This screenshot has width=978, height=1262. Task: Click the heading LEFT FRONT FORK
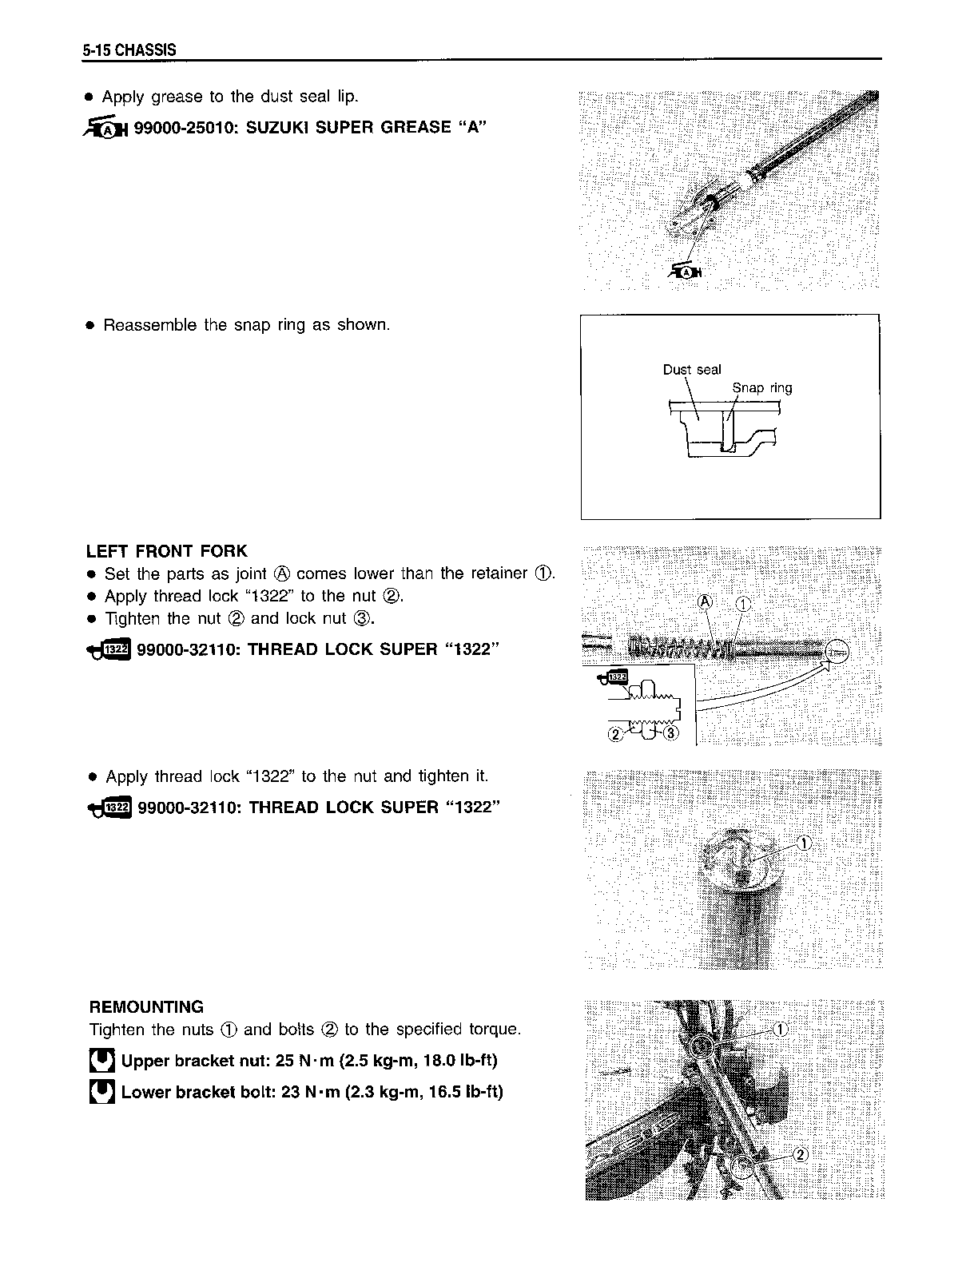[166, 551]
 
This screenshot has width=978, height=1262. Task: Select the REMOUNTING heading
[146, 1006]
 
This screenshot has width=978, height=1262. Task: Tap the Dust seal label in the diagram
[691, 370]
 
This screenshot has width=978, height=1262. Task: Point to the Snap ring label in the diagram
[762, 388]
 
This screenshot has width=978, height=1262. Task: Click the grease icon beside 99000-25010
[104, 128]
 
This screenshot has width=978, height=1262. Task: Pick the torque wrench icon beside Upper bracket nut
[101, 1061]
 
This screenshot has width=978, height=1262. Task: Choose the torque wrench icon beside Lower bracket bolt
[101, 1092]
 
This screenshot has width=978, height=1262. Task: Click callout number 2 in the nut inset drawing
[615, 734]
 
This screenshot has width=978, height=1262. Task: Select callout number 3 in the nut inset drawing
[670, 733]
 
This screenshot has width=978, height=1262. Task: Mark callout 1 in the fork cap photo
[804, 843]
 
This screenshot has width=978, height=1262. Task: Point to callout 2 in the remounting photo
[801, 1153]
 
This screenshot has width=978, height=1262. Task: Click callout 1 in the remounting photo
[781, 1029]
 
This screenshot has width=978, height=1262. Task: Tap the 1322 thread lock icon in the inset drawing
[615, 678]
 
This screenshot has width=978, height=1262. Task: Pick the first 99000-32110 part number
[188, 649]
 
